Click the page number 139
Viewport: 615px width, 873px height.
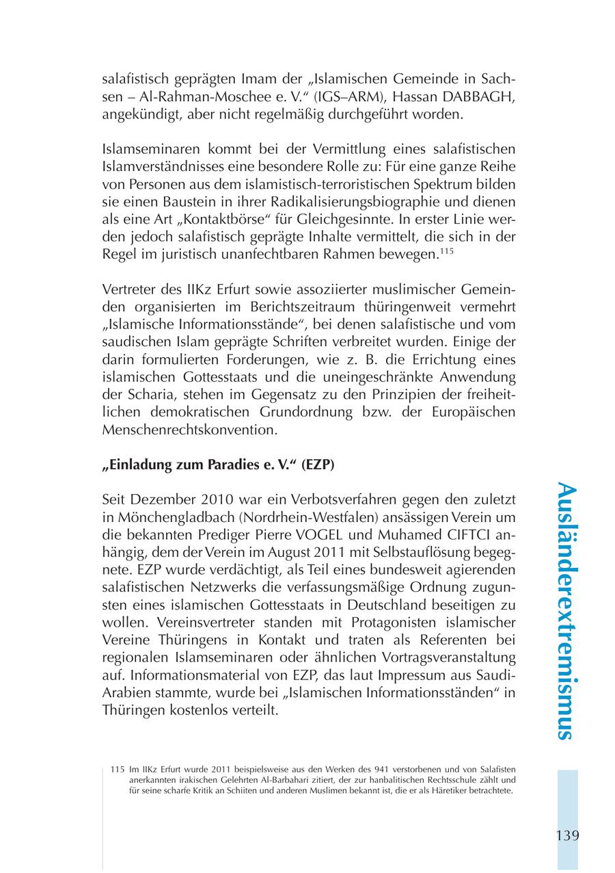(x=567, y=835)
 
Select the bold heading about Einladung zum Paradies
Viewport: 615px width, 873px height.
(x=217, y=464)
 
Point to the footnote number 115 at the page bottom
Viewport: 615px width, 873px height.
(x=116, y=770)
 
